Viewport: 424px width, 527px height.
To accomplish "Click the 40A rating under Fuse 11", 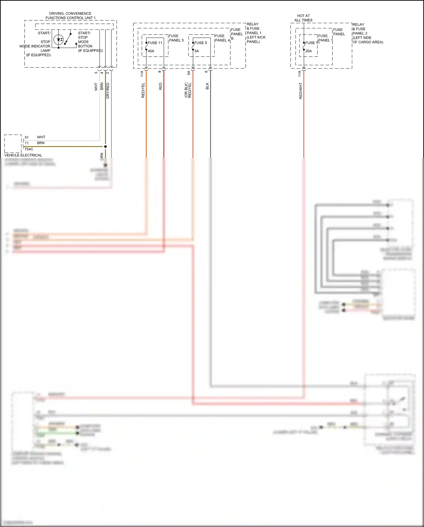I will (151, 51).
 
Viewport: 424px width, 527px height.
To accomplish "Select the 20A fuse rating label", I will (308, 51).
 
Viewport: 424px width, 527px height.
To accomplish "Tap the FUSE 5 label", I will (200, 43).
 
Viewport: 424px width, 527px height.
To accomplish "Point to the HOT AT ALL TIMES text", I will (303, 18).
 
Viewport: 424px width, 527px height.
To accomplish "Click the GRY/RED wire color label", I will (108, 91).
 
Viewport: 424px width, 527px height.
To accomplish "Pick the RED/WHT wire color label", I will (300, 91).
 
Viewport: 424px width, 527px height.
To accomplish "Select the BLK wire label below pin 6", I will (207, 86).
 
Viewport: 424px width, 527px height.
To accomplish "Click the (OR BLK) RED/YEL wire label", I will (188, 90).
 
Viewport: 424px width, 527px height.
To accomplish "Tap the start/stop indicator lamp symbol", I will (59, 40).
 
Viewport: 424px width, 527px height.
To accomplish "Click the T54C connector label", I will (29, 149).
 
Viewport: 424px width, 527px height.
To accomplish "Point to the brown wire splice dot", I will (105, 146).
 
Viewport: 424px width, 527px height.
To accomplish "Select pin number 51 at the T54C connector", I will (27, 137).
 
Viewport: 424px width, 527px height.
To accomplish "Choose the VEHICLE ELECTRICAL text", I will (23, 155).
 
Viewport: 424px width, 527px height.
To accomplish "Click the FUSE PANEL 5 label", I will (176, 38).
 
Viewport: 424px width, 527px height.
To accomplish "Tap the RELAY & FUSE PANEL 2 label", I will (367, 33).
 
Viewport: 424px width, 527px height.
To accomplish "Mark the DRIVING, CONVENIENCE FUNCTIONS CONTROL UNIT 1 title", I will (70, 16).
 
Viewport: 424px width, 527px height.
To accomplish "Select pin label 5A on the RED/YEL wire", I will (189, 73).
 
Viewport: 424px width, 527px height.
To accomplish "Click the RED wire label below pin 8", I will (161, 86).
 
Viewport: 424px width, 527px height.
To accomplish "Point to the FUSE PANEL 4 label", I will (222, 38).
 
